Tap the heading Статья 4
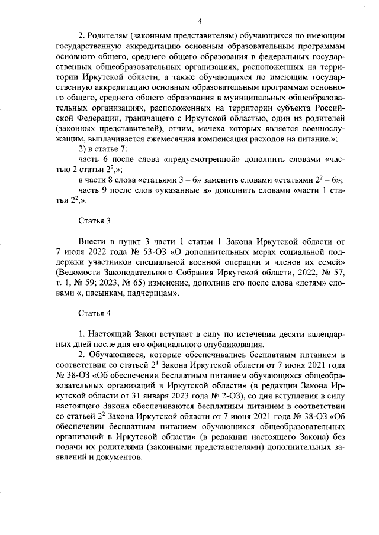(94, 312)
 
